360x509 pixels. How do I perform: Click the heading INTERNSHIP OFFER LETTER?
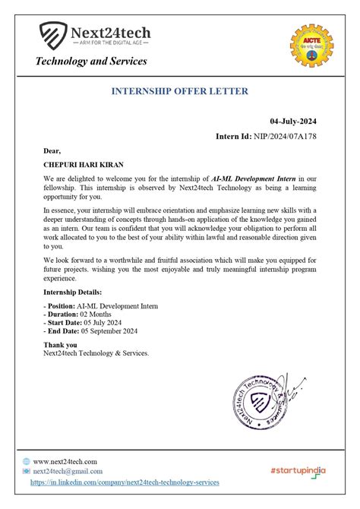179,91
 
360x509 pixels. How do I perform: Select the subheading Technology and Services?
91,61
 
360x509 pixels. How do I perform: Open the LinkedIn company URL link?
125,482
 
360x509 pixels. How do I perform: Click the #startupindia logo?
298,471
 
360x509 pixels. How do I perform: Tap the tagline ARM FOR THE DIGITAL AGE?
110,43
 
